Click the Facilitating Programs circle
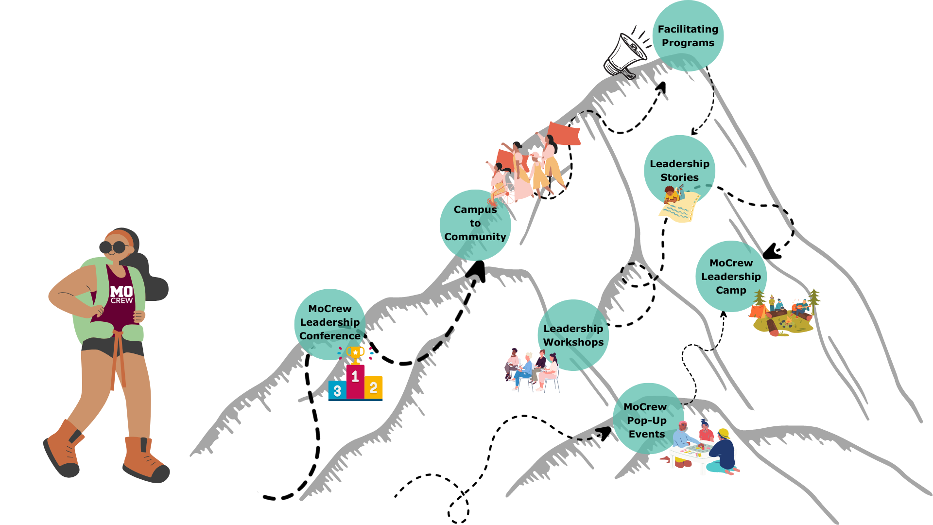coord(688,36)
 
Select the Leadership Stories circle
coord(679,170)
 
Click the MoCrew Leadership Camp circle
coord(731,276)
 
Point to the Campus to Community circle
coord(475,224)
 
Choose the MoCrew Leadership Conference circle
coord(329,323)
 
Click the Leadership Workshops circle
coord(573,335)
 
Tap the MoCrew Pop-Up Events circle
coord(646,419)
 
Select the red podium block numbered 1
coord(355,382)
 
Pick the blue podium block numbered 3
coord(337,390)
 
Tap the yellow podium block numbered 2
coord(373,387)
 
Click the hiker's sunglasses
coord(113,247)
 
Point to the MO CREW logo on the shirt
coord(121,294)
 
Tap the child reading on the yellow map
coord(673,196)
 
